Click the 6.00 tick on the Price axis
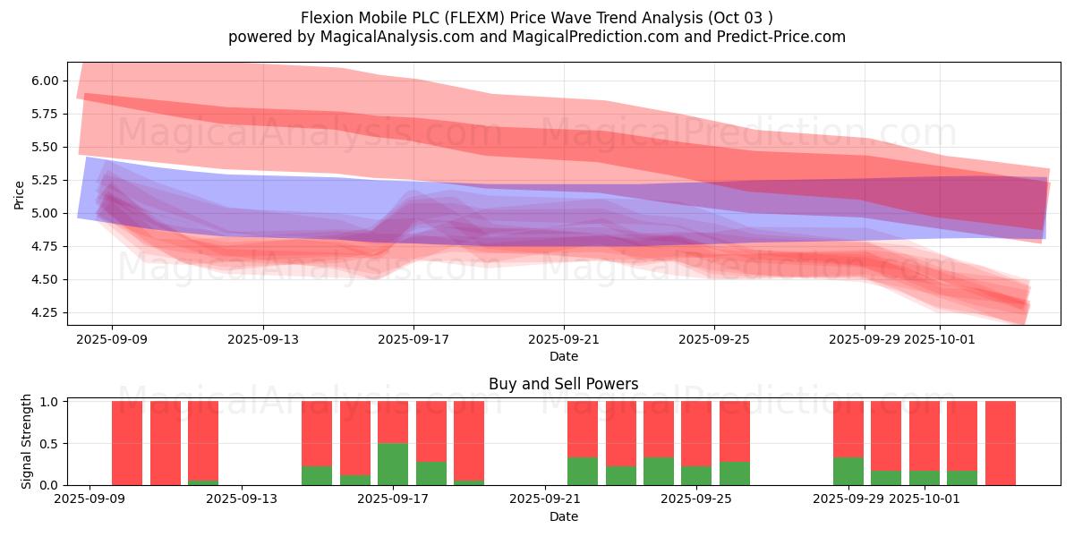click(46, 81)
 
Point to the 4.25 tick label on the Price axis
click(46, 312)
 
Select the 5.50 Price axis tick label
click(46, 147)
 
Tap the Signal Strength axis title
click(27, 442)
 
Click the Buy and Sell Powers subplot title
click(563, 384)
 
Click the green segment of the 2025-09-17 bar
click(393, 464)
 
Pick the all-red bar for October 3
click(1000, 443)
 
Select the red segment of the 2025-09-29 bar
click(848, 429)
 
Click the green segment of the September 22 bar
click(583, 471)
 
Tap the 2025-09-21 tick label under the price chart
click(564, 340)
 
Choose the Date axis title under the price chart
click(563, 356)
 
